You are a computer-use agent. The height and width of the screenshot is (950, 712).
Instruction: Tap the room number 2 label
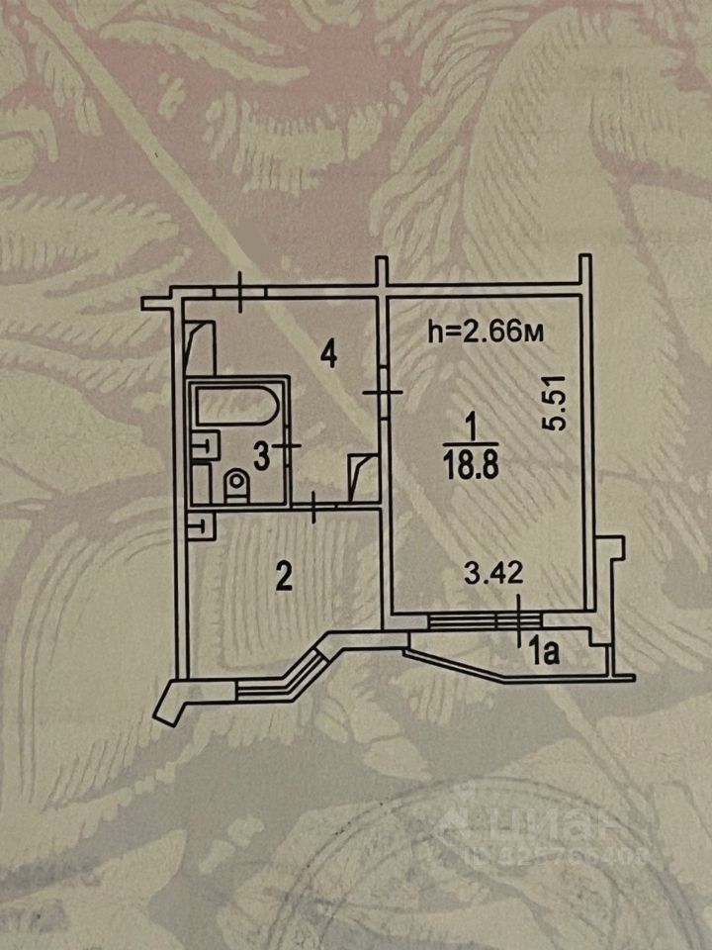coord(284,577)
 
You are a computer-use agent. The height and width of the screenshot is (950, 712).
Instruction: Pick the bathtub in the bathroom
coord(237,406)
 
